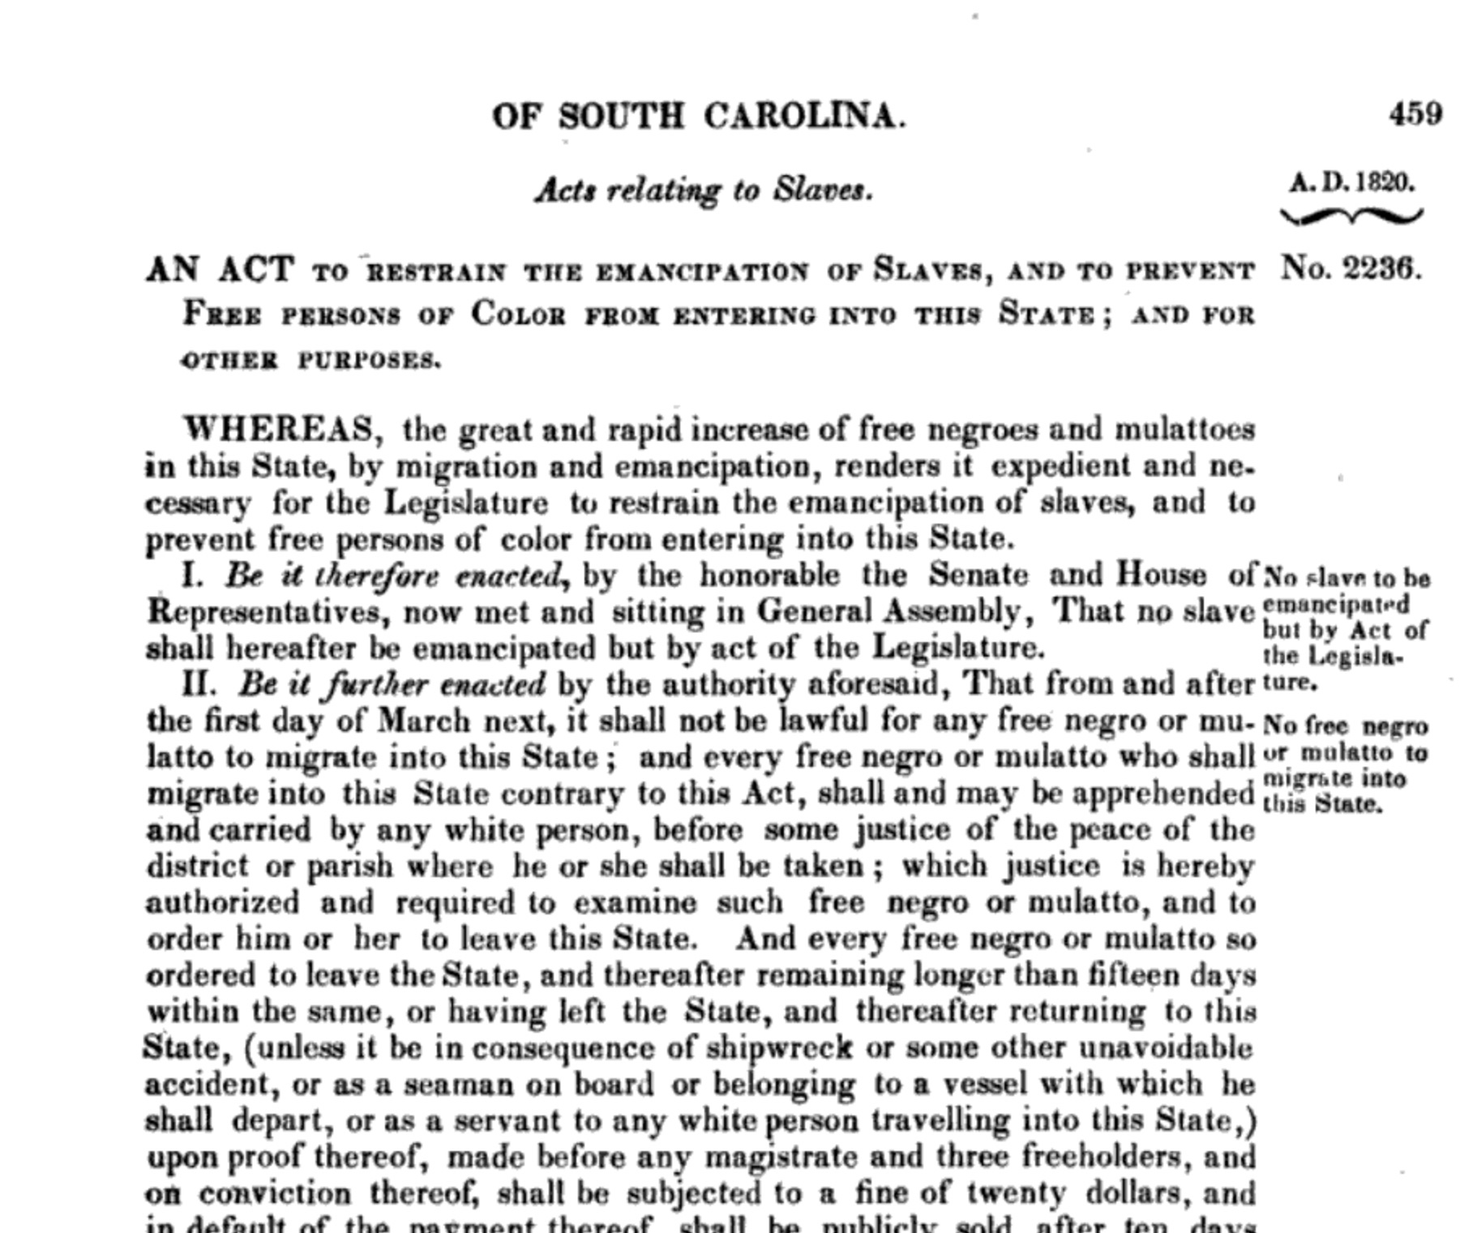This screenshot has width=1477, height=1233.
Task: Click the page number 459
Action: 1415,113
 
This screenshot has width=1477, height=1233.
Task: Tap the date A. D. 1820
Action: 1351,182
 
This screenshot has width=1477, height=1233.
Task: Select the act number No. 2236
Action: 1351,268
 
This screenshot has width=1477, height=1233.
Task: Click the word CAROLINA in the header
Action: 803,116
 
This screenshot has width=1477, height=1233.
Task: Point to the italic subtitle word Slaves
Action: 822,190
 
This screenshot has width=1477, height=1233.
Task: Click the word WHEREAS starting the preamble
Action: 280,428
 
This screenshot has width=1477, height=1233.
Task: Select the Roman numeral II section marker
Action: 198,684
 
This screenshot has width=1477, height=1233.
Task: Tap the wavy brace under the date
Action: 1351,216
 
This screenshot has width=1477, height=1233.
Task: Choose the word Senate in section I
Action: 978,575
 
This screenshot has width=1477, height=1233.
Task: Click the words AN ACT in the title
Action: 219,268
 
